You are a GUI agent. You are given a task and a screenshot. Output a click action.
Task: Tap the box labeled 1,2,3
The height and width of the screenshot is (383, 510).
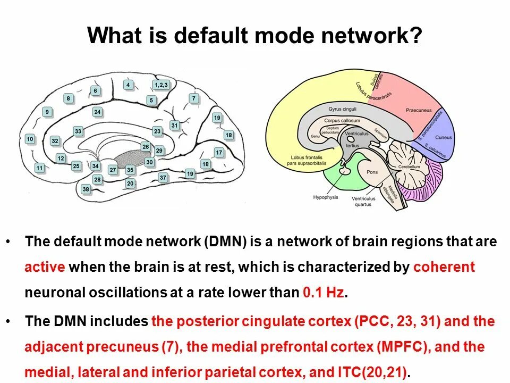click(161, 85)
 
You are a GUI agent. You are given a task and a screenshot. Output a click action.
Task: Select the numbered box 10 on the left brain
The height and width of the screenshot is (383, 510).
click(30, 139)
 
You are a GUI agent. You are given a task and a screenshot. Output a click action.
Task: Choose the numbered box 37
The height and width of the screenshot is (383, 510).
click(163, 178)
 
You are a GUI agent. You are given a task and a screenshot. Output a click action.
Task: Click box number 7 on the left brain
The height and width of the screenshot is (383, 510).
click(194, 98)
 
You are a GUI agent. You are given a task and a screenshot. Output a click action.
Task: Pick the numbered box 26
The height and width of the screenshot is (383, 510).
click(146, 146)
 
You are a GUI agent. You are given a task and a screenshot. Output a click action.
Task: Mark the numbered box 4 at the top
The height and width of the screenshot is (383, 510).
click(128, 85)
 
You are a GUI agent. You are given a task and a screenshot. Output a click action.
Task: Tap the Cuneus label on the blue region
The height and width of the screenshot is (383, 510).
click(444, 137)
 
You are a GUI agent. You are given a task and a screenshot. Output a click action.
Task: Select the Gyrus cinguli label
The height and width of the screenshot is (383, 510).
click(342, 109)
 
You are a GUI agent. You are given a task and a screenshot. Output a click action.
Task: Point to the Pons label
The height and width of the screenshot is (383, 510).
click(372, 172)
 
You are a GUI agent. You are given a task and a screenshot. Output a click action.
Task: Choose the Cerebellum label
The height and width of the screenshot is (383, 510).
click(407, 166)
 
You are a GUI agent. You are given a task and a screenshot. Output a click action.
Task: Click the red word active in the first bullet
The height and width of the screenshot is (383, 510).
click(45, 267)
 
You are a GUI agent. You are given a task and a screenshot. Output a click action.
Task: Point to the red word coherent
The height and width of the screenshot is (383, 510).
click(444, 267)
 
